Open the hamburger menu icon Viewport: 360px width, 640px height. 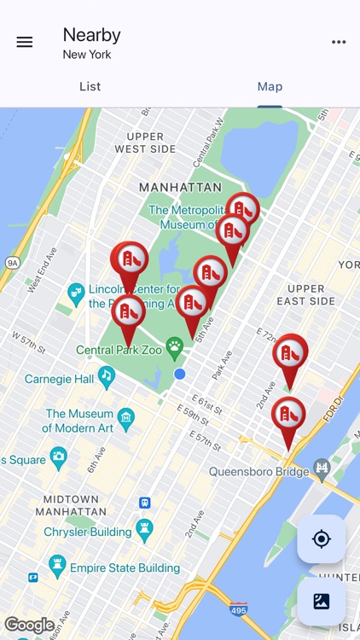point(25,42)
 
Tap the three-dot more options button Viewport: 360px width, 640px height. point(339,42)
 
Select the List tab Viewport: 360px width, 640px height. point(90,86)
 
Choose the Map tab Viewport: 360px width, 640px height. point(270,86)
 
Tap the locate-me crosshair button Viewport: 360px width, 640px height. point(322,539)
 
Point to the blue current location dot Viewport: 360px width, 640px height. point(179,374)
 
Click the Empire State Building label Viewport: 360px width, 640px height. point(125,567)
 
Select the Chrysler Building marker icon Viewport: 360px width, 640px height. point(143,531)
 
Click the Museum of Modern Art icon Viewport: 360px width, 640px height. point(126,416)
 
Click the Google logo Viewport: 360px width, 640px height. point(30,625)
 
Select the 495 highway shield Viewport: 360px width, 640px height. point(239,609)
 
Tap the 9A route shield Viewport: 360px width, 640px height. point(11,263)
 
